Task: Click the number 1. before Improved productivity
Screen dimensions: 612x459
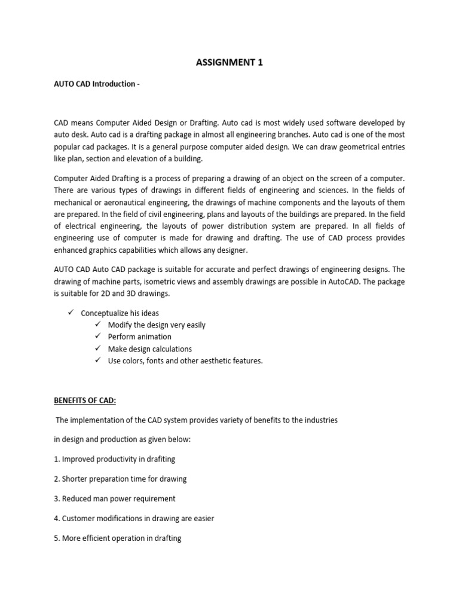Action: pos(57,459)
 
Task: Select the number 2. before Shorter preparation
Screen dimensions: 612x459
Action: pos(57,479)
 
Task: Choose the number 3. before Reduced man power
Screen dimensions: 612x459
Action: pos(57,498)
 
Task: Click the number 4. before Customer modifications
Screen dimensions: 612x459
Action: pos(57,518)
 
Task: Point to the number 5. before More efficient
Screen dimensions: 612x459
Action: pos(57,538)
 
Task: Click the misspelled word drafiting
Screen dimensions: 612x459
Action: pos(161,459)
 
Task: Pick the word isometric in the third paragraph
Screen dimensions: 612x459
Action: pos(182,281)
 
